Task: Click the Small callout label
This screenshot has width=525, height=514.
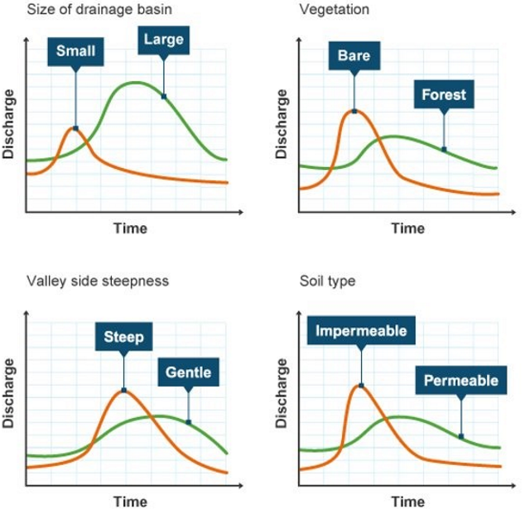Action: tap(75, 52)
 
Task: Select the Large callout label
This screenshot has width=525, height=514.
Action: tap(163, 39)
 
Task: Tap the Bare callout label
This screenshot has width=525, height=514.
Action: tap(354, 56)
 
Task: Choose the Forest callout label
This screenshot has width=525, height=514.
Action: tap(443, 94)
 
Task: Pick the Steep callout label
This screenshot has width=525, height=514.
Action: tap(123, 337)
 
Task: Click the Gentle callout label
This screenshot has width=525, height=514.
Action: tap(188, 372)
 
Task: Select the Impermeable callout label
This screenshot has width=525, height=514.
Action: tap(361, 331)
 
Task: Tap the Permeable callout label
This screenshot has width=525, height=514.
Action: tap(460, 381)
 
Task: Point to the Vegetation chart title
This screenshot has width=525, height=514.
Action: tap(334, 10)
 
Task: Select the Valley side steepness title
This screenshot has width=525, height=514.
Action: tap(98, 281)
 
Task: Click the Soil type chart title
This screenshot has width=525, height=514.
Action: tap(327, 281)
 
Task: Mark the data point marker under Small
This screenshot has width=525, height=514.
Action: tap(75, 128)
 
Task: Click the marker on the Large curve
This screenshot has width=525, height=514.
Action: tap(163, 97)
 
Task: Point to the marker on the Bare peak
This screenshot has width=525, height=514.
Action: tap(354, 110)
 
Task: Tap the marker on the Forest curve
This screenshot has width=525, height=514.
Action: tap(443, 150)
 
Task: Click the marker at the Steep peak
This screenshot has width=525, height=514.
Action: tap(123, 390)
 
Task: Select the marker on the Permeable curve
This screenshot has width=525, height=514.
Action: tap(460, 436)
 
